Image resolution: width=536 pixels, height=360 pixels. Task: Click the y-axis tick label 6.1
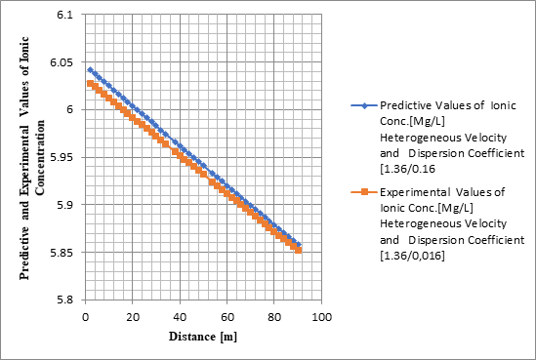pyautogui.click(x=64, y=16)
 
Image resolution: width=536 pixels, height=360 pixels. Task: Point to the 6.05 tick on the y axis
pyautogui.click(x=62, y=63)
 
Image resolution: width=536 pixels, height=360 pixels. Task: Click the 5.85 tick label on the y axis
pyautogui.click(x=62, y=253)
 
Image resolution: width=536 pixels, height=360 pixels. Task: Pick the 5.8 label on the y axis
pyautogui.click(x=64, y=300)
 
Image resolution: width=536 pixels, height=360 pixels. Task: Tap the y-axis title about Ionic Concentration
pyautogui.click(x=34, y=156)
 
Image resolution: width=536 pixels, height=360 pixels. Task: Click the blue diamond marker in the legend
pyautogui.click(x=361, y=105)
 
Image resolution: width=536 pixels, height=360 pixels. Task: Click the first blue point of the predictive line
pyautogui.click(x=89, y=70)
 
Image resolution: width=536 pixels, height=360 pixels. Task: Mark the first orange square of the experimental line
pyautogui.click(x=89, y=84)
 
